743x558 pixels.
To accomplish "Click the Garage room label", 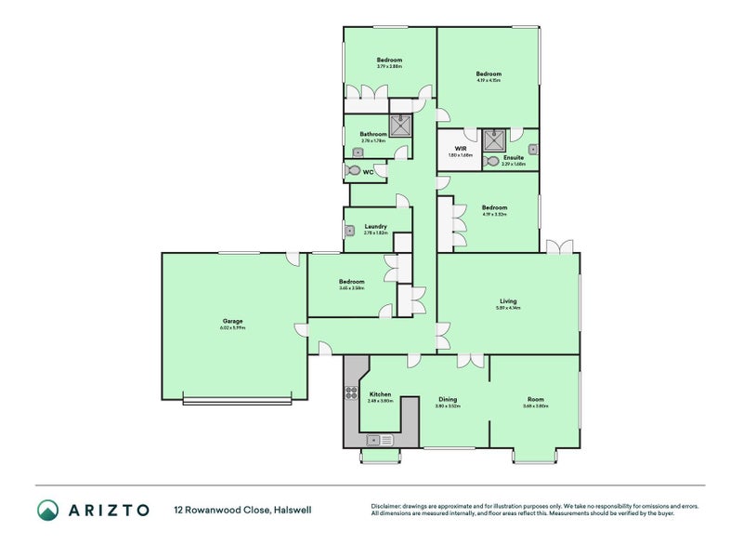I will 232,321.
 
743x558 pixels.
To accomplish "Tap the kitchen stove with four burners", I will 352,392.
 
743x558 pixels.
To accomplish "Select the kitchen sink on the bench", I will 381,439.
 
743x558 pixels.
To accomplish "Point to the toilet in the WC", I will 354,171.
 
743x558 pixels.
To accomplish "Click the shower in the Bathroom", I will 401,126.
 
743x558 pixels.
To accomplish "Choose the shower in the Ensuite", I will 495,139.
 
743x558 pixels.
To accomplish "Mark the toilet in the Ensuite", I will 492,161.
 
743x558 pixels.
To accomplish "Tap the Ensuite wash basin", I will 532,148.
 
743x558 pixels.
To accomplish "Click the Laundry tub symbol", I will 350,231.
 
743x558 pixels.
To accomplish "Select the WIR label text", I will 460,149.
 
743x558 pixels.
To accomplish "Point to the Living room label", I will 508,300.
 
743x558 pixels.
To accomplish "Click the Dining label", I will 448,400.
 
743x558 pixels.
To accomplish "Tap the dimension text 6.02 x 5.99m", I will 232,327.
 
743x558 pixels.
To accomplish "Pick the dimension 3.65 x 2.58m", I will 352,288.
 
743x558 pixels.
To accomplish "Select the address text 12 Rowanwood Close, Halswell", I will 231,510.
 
